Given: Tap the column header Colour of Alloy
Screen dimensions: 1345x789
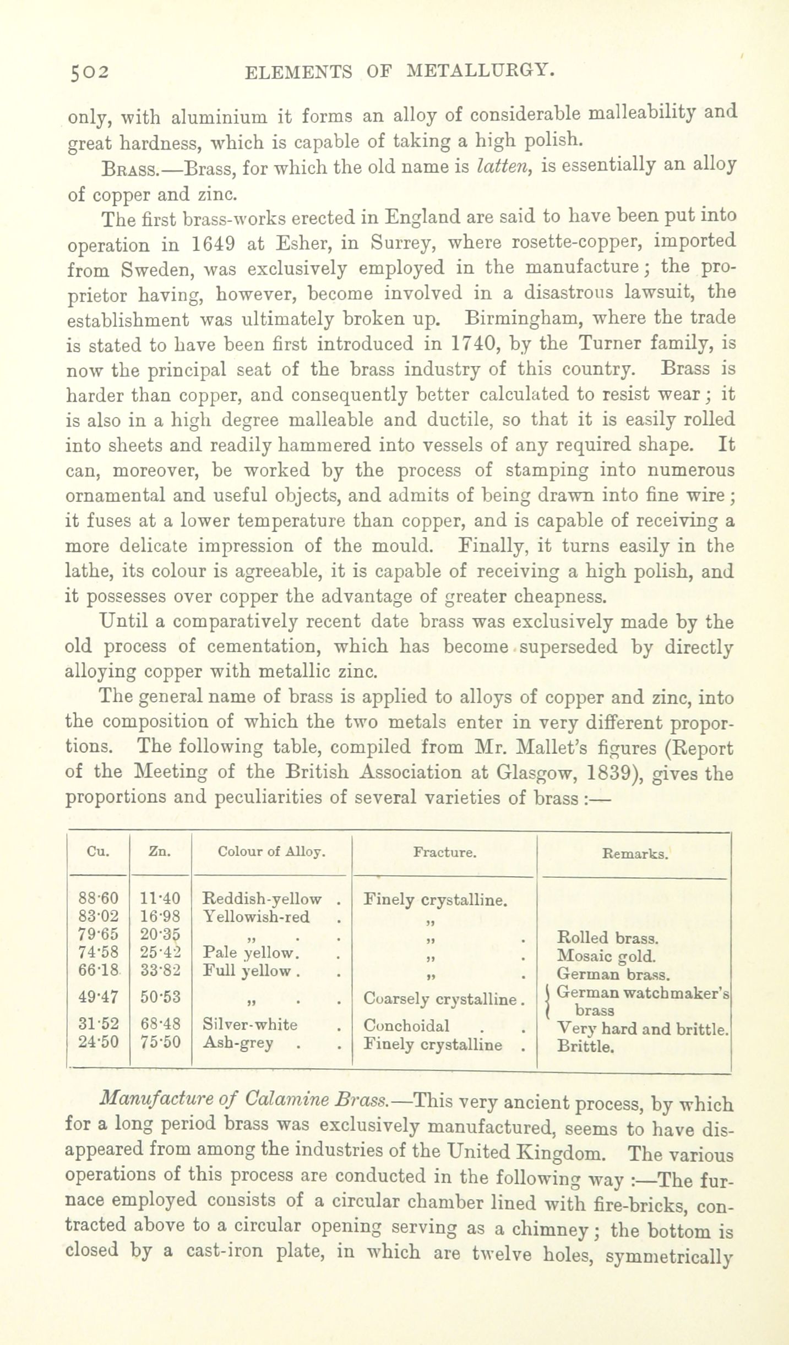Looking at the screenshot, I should click(271, 852).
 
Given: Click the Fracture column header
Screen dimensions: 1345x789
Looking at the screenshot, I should click(444, 853).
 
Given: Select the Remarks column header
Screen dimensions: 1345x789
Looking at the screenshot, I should click(636, 855).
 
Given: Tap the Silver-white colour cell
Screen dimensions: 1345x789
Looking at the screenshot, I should click(250, 1025).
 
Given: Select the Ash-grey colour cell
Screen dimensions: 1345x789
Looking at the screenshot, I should click(238, 1042).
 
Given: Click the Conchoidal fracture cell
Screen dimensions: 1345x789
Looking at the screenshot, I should click(407, 1025).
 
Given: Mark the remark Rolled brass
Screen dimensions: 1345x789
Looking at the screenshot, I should click(606, 937).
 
